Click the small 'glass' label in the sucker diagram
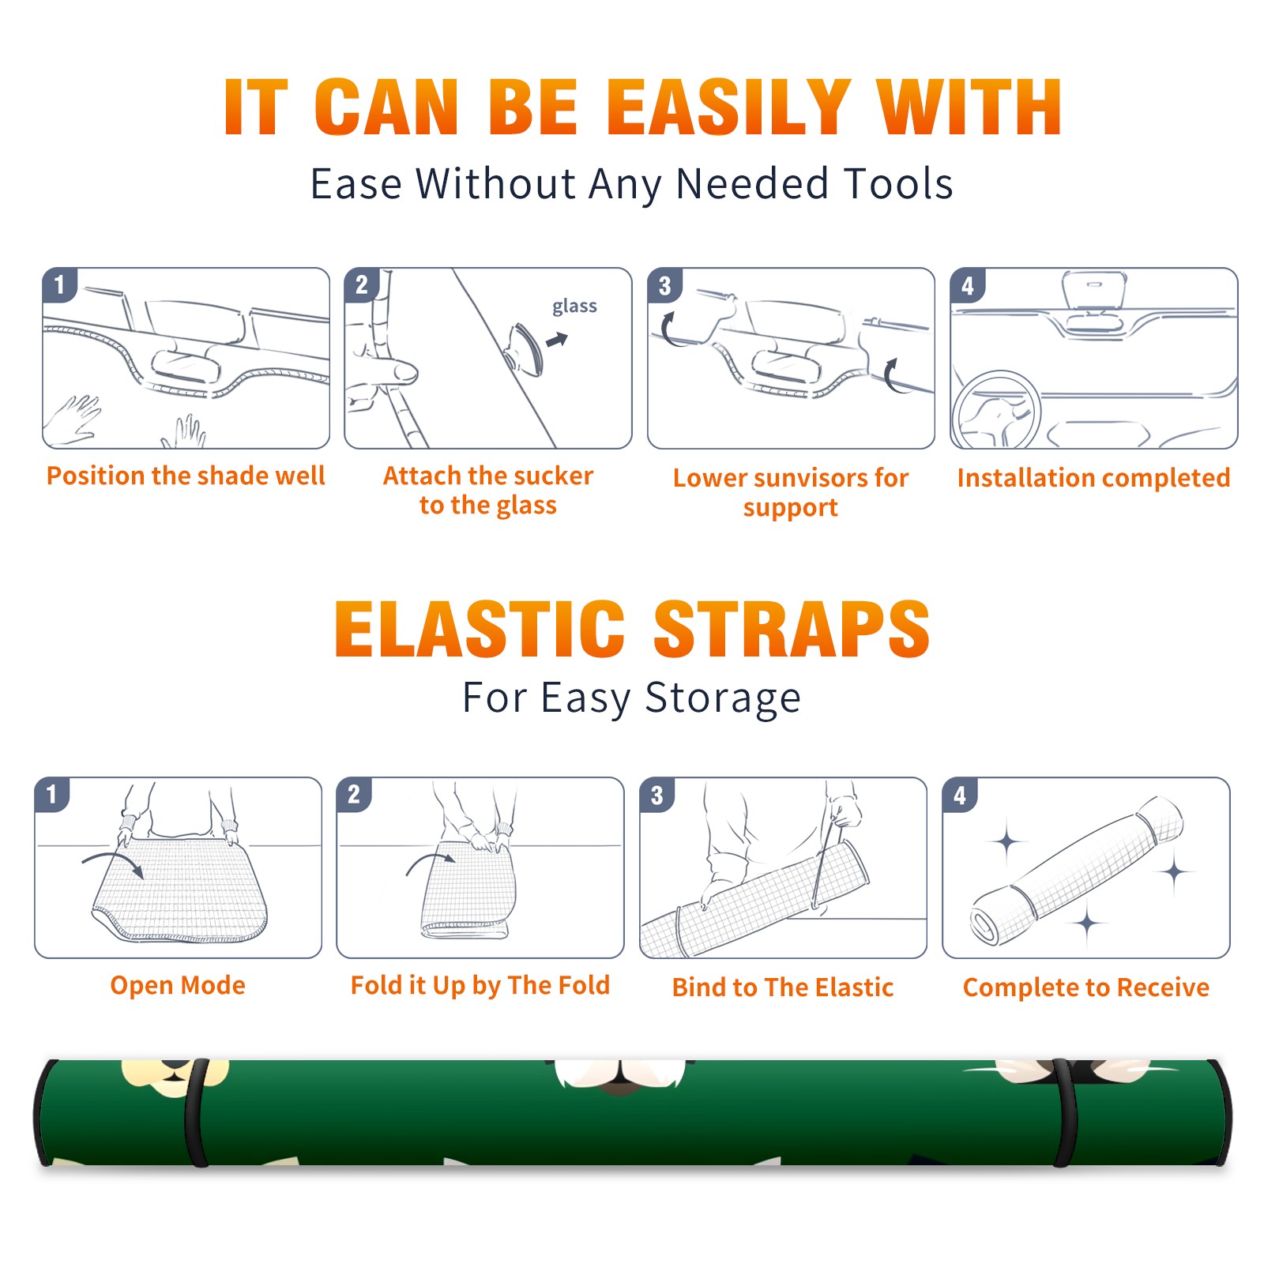click(574, 307)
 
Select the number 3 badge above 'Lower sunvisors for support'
click(664, 285)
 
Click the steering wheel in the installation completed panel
click(995, 410)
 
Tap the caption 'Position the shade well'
click(186, 476)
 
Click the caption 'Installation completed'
click(1093, 478)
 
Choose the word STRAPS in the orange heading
click(792, 629)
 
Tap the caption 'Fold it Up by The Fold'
click(480, 985)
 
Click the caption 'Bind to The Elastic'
click(783, 987)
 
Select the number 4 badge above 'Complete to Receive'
click(960, 795)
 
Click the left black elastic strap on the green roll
click(197, 1112)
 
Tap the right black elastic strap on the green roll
click(1066, 1112)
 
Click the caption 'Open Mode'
click(178, 985)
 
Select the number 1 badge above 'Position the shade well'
click(59, 284)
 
